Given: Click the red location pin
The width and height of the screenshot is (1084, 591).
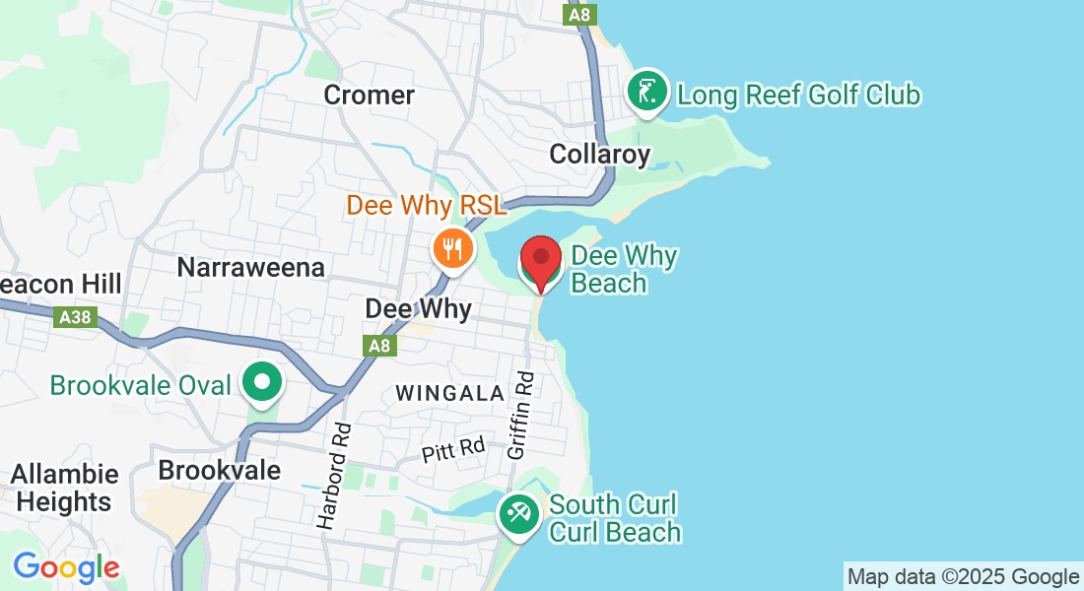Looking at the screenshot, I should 541,258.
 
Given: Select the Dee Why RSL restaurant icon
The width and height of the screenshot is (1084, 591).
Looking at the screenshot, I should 452,248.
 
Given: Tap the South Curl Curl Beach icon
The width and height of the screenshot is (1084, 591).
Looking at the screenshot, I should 517,512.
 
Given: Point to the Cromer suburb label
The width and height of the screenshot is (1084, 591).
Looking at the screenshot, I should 370,96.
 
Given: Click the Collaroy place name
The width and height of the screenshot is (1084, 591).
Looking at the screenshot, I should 600,155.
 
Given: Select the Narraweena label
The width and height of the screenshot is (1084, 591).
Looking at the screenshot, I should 250,267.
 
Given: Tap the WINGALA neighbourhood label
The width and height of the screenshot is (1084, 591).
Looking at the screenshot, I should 449,393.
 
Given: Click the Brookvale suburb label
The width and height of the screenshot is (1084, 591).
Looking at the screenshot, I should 219,470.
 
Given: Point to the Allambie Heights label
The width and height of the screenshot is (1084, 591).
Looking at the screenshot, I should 65,489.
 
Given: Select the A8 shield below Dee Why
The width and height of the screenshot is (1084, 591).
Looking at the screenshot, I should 379,346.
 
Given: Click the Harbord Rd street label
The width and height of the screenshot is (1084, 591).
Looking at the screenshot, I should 335,477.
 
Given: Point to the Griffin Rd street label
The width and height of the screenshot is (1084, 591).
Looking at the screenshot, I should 521,415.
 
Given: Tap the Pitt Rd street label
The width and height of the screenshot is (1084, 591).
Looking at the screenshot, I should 453,450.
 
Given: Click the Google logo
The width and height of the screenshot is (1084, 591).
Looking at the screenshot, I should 66,568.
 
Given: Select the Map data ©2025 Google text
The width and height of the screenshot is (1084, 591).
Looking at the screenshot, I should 963,577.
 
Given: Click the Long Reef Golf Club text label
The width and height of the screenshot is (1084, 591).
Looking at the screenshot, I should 799,96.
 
